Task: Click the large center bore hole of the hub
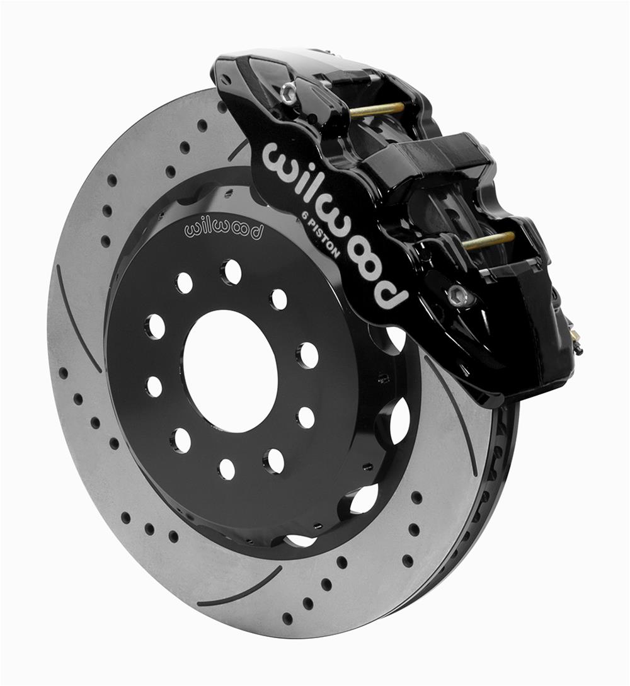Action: [x=231, y=371]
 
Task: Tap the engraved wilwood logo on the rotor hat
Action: [x=224, y=230]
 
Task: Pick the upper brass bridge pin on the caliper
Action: [x=376, y=109]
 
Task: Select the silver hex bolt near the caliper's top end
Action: [x=288, y=93]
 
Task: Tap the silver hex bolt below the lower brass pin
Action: [x=458, y=294]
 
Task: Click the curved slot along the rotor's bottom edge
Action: [x=239, y=590]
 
